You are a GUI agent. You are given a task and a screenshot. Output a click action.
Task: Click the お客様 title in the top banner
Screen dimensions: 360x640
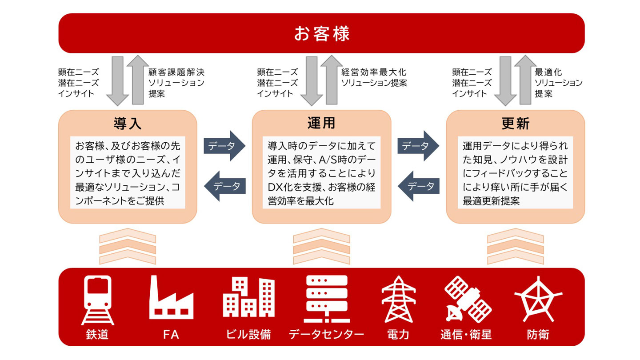pyautogui.click(x=321, y=33)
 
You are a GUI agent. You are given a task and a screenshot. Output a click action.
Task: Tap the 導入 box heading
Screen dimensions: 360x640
pyautogui.click(x=127, y=124)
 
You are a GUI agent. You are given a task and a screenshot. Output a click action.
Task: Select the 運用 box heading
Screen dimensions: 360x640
pyautogui.click(x=321, y=124)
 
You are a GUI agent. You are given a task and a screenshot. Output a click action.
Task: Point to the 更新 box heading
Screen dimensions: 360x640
pyautogui.click(x=515, y=124)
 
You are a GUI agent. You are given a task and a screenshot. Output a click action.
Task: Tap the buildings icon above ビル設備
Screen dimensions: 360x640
pyautogui.click(x=248, y=296)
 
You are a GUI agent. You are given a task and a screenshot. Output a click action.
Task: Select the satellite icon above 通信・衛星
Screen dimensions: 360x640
pyautogui.click(x=468, y=299)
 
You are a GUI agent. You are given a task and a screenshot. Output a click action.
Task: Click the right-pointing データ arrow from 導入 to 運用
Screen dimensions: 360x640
pyautogui.click(x=224, y=146)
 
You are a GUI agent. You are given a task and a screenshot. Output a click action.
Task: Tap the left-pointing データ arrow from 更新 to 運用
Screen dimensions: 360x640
pyautogui.click(x=418, y=186)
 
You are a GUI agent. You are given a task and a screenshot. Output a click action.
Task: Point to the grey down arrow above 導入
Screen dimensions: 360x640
pyautogui.click(x=117, y=81)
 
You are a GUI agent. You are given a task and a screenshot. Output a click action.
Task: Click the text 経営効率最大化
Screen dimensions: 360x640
pyautogui.click(x=374, y=72)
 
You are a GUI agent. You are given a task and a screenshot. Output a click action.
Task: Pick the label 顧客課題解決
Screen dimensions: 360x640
pyautogui.click(x=176, y=72)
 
